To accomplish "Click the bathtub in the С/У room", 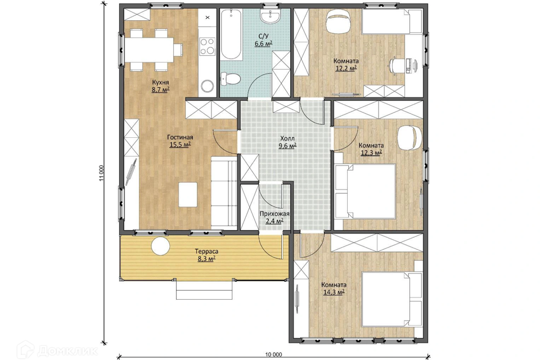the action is pos(231,34).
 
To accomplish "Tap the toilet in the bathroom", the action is pos(230,78).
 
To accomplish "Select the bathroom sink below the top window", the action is pos(271,16).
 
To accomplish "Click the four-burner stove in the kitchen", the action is pos(208,46).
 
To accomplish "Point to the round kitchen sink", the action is pos(208,85).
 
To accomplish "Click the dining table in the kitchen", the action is pos(148,49).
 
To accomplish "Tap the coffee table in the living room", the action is pos(188,195).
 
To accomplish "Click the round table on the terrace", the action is pos(160,246).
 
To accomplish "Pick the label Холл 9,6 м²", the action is pos(287,142).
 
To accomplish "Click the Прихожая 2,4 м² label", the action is pos(274,217).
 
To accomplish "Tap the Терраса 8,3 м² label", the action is pos(206,255).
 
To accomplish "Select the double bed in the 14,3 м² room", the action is pos(392,299).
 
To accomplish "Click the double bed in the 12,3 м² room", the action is pos(365,191).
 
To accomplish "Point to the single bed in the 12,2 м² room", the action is pos(391,22).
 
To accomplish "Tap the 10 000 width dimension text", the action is pos(274,354).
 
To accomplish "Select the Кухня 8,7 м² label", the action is pos(160,86).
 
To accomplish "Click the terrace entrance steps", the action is pos(205,290).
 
